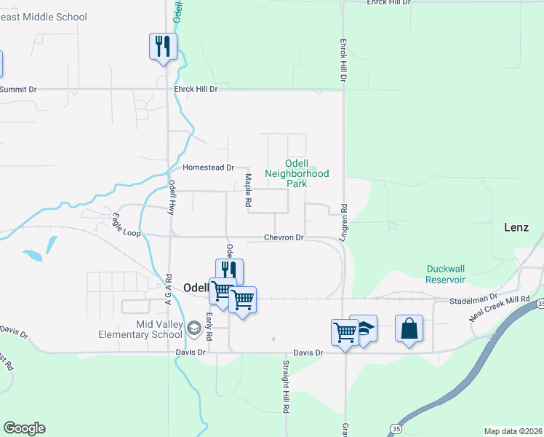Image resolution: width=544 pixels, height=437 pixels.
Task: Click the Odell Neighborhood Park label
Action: coord(297,173)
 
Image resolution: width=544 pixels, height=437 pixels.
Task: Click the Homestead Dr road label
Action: coord(208,168)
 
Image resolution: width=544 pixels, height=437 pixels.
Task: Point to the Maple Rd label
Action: coord(248,189)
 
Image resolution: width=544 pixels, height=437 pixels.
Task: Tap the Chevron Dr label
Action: coord(284,238)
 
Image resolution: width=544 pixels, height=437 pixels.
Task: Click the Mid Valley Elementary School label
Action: coord(140,329)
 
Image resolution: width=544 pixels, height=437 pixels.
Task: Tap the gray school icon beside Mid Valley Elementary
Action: coord(193,328)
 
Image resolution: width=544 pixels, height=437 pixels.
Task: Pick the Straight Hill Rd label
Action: coord(286,396)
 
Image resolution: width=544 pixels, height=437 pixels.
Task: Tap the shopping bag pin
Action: coord(409,328)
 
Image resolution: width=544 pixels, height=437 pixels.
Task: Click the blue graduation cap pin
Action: coord(364,328)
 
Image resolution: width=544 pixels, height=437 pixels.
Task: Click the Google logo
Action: coord(24,428)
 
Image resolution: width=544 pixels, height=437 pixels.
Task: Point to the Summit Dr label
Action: coord(18,90)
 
